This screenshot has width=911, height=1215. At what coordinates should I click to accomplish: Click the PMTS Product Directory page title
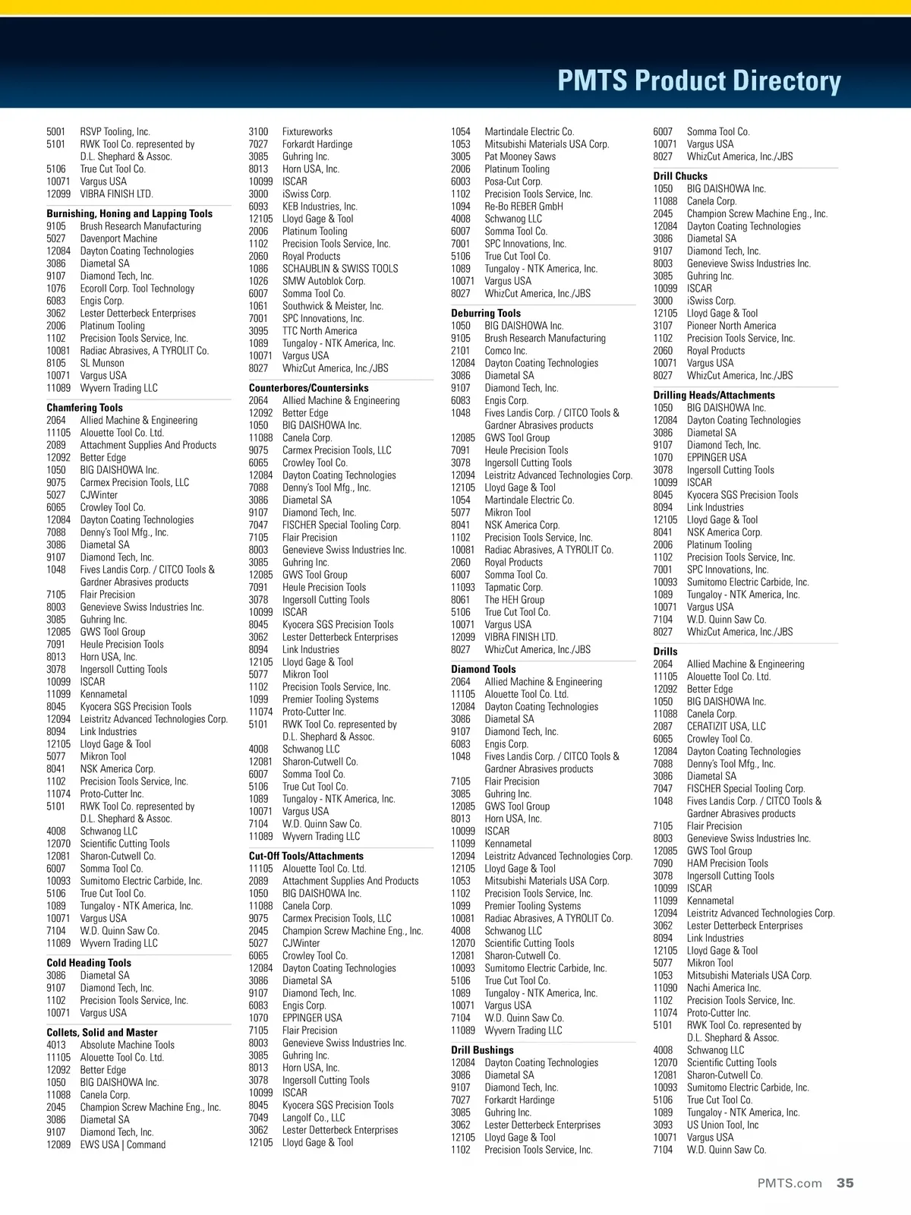[699, 80]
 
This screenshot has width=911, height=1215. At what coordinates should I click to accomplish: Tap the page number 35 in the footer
[845, 1182]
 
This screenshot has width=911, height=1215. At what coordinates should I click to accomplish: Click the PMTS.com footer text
[790, 1183]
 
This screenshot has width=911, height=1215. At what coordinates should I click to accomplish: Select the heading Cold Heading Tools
[89, 963]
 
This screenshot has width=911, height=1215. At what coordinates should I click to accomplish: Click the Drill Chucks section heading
[680, 176]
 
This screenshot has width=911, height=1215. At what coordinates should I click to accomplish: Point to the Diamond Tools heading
[484, 669]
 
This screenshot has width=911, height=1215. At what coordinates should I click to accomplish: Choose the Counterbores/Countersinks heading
[309, 388]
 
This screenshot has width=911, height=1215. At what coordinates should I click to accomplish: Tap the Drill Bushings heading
[482, 1050]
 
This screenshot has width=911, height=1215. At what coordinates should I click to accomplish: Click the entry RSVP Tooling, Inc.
[115, 131]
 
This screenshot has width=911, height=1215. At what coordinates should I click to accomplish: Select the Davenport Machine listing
[118, 238]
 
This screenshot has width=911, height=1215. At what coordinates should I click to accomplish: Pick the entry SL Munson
[102, 363]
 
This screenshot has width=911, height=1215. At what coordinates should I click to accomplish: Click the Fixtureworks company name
[307, 131]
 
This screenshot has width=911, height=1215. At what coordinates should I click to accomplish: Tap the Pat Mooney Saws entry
[520, 156]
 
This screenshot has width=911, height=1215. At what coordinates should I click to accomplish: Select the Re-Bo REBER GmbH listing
[524, 207]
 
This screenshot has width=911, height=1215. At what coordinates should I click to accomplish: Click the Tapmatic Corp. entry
[514, 587]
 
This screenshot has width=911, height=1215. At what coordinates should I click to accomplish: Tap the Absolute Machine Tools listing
[128, 1045]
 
